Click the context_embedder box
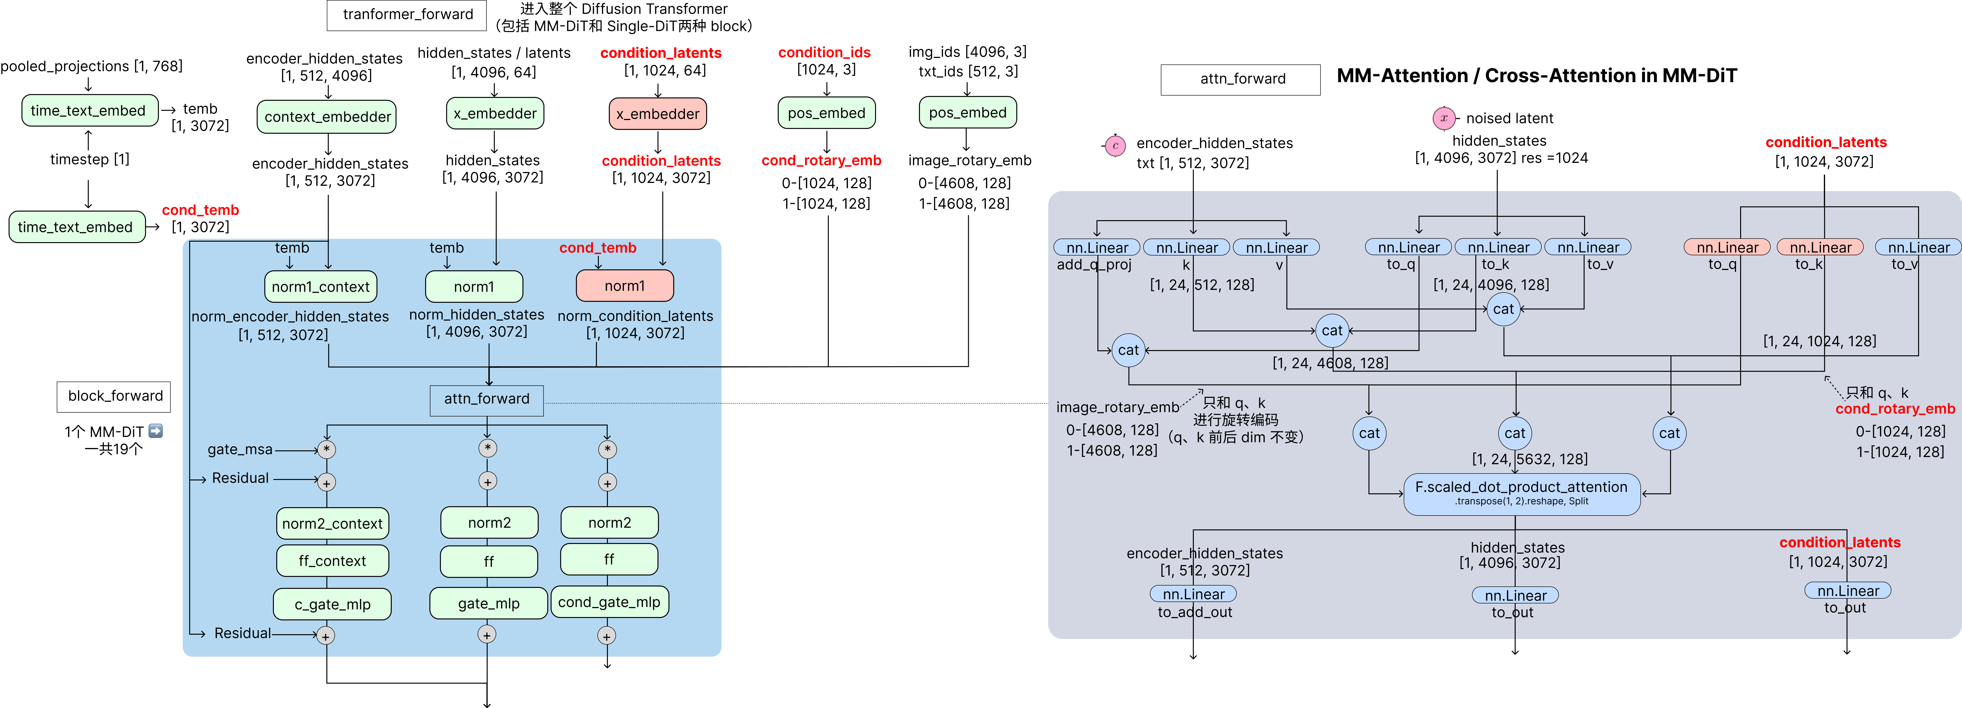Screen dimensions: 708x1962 pyautogui.click(x=327, y=117)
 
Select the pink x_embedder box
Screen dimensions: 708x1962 pyautogui.click(x=657, y=114)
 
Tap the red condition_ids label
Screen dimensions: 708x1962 pyautogui.click(x=824, y=53)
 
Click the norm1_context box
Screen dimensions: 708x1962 pyautogui.click(x=321, y=287)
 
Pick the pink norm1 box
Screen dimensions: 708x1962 pyautogui.click(x=625, y=286)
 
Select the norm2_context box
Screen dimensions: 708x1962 pyautogui.click(x=332, y=524)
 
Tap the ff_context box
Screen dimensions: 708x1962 pyautogui.click(x=332, y=561)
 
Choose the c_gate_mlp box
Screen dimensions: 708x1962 pyautogui.click(x=332, y=604)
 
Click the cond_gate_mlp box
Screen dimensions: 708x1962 pyautogui.click(x=609, y=602)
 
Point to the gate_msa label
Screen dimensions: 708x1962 pyautogui.click(x=240, y=450)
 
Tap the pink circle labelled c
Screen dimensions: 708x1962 pyautogui.click(x=1116, y=146)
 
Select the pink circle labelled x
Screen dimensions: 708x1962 pyautogui.click(x=1444, y=118)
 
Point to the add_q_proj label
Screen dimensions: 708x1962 pyautogui.click(x=1094, y=264)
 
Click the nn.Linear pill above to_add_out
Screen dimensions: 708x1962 pyautogui.click(x=1194, y=594)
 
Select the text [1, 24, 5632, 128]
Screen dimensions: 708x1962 pyautogui.click(x=1529, y=459)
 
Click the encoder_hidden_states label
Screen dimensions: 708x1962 pyautogui.click(x=1204, y=553)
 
